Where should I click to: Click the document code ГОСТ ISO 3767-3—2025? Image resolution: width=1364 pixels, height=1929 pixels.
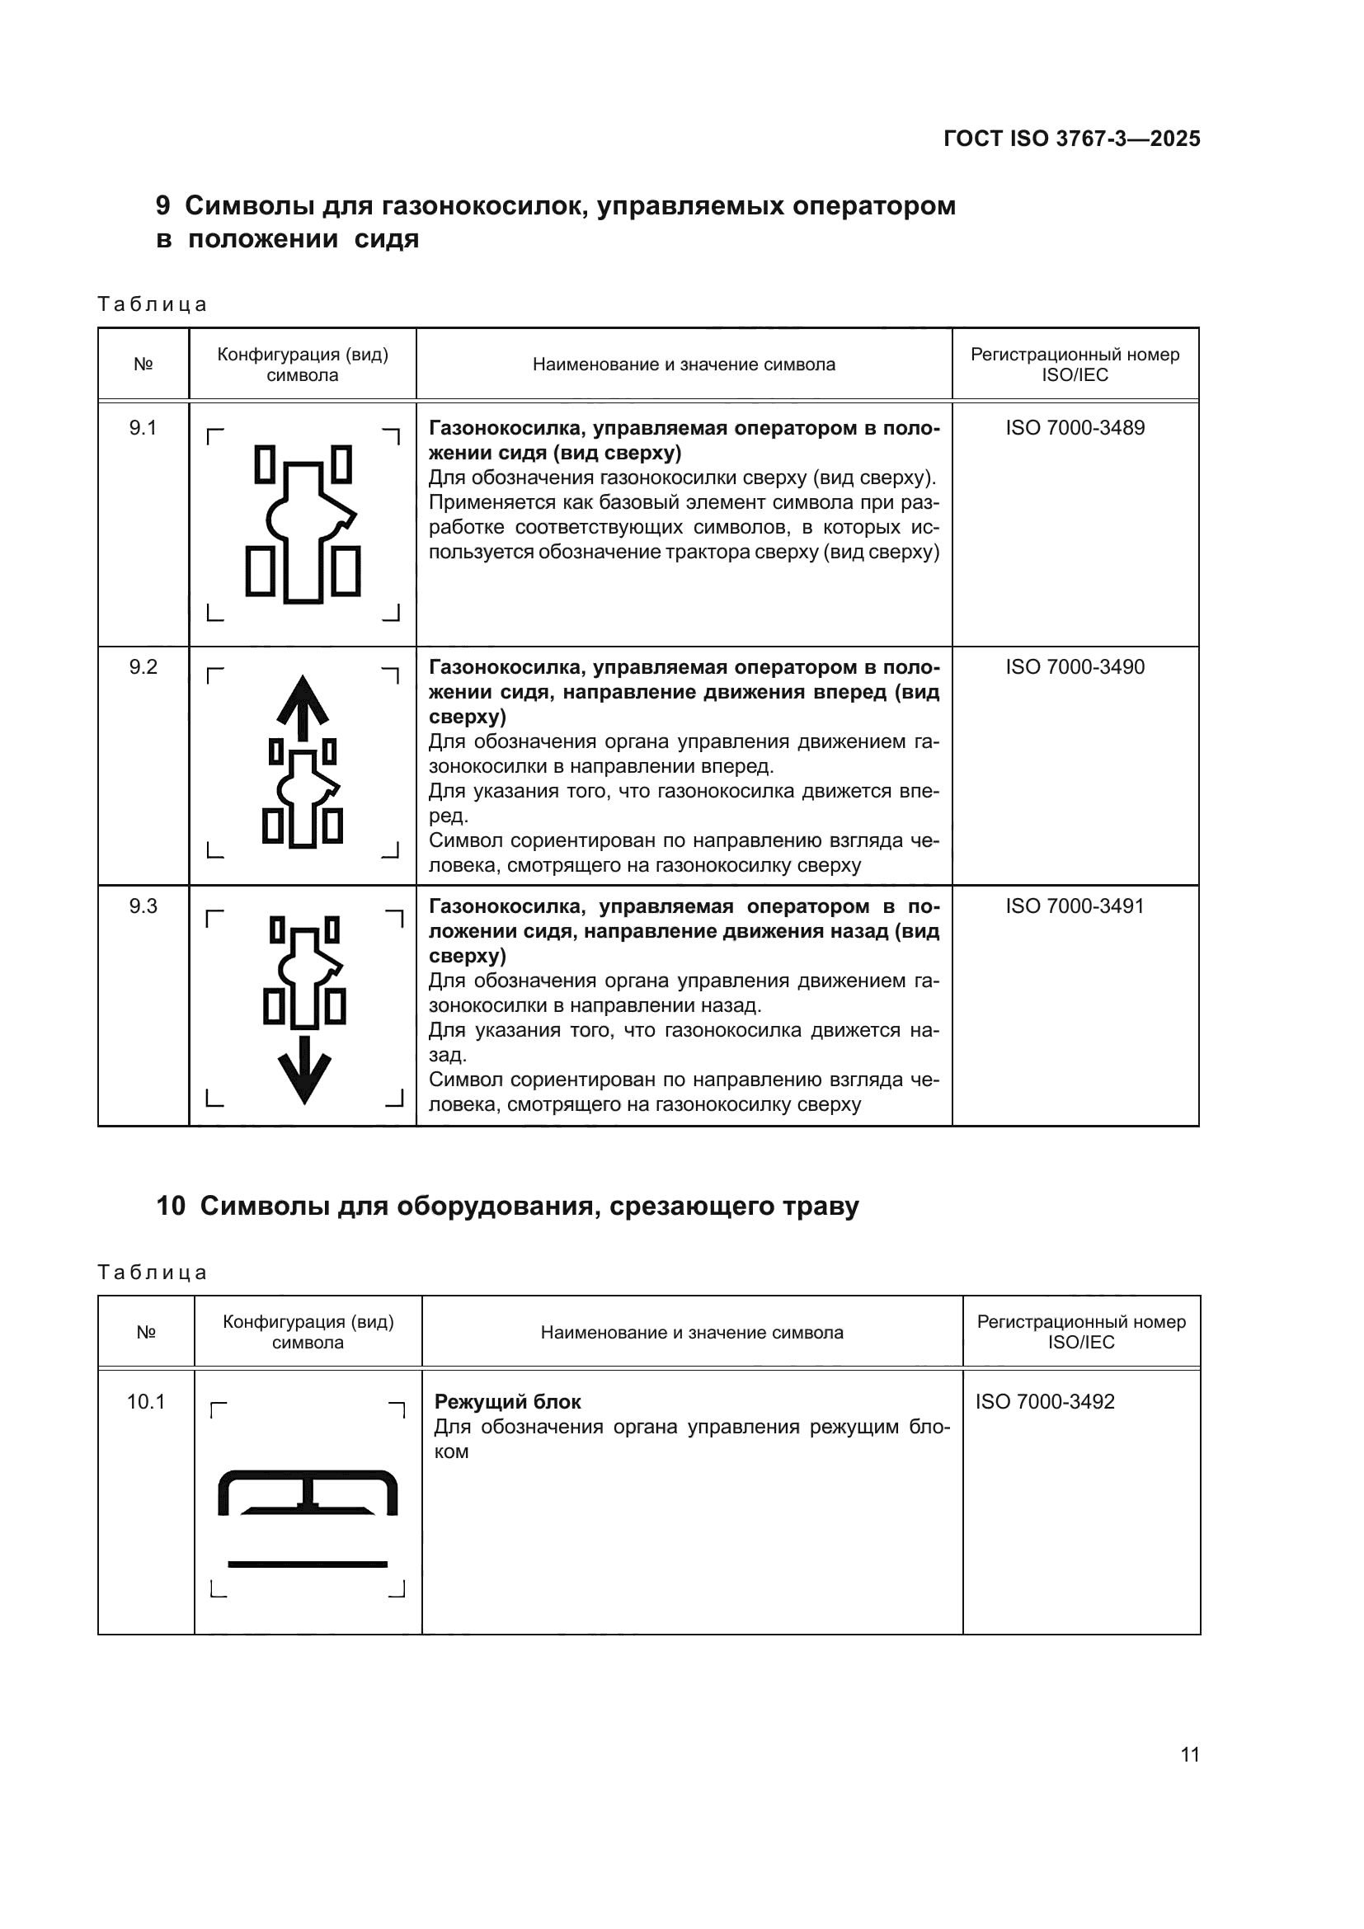pyautogui.click(x=1072, y=139)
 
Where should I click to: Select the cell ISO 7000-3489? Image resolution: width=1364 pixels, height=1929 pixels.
pyautogui.click(x=1075, y=428)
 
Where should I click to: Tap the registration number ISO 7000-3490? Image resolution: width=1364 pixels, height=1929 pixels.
pyautogui.click(x=1075, y=667)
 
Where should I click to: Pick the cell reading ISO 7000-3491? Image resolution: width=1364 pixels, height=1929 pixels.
pyautogui.click(x=1075, y=906)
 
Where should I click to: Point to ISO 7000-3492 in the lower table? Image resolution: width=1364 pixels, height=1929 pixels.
pyautogui.click(x=1044, y=1401)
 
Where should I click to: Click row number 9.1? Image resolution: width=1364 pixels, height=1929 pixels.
pyautogui.click(x=143, y=428)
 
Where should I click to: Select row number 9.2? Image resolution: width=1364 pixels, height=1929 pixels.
pyautogui.click(x=143, y=667)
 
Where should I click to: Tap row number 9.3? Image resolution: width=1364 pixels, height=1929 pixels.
pyautogui.click(x=143, y=906)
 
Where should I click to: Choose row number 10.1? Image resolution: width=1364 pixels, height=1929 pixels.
pyautogui.click(x=145, y=1401)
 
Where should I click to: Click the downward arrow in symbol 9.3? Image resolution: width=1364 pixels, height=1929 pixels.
pyautogui.click(x=304, y=1070)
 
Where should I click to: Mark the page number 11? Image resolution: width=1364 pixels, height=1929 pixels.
pyautogui.click(x=1189, y=1754)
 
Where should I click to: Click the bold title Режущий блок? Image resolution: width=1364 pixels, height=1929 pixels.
pyautogui.click(x=507, y=1401)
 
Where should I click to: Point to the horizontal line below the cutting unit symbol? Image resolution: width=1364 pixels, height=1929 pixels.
pyautogui.click(x=308, y=1564)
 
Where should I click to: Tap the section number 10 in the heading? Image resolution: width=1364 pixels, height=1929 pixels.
pyautogui.click(x=171, y=1207)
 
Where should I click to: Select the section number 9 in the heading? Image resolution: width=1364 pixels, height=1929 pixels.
pyautogui.click(x=163, y=206)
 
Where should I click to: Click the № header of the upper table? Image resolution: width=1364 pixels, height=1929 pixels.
pyautogui.click(x=143, y=365)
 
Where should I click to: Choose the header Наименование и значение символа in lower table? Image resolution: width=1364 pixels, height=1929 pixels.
pyautogui.click(x=691, y=1332)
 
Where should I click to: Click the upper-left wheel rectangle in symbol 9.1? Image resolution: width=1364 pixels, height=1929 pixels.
pyautogui.click(x=265, y=464)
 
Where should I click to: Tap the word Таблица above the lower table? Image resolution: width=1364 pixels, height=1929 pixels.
pyautogui.click(x=152, y=1272)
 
